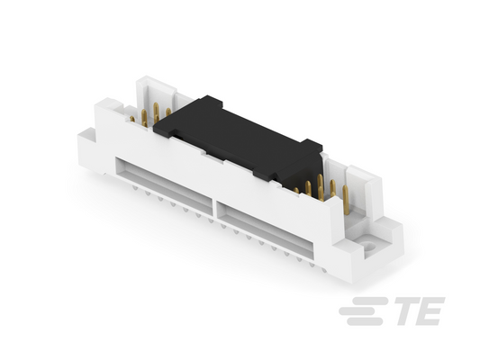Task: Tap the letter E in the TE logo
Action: click(x=430, y=310)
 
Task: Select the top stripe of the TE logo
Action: click(x=370, y=301)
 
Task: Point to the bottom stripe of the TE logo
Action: click(x=365, y=321)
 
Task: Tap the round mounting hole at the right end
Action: click(x=370, y=247)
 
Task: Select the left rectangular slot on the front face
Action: click(x=164, y=184)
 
